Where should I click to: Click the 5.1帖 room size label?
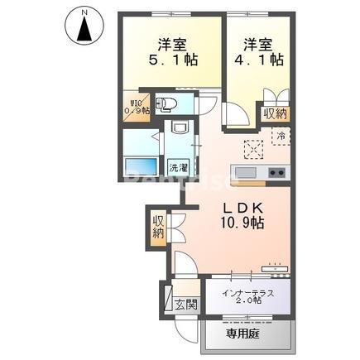pyautogui.click(x=173, y=60)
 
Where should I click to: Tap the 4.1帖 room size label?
pyautogui.click(x=263, y=60)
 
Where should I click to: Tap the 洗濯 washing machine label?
pyautogui.click(x=178, y=167)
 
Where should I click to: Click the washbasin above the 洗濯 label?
pyautogui.click(x=178, y=133)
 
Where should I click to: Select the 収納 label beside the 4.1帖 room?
pyautogui.click(x=276, y=113)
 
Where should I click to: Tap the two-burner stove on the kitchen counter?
pyautogui.click(x=276, y=172)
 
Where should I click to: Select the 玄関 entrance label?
pyautogui.click(x=185, y=303)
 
